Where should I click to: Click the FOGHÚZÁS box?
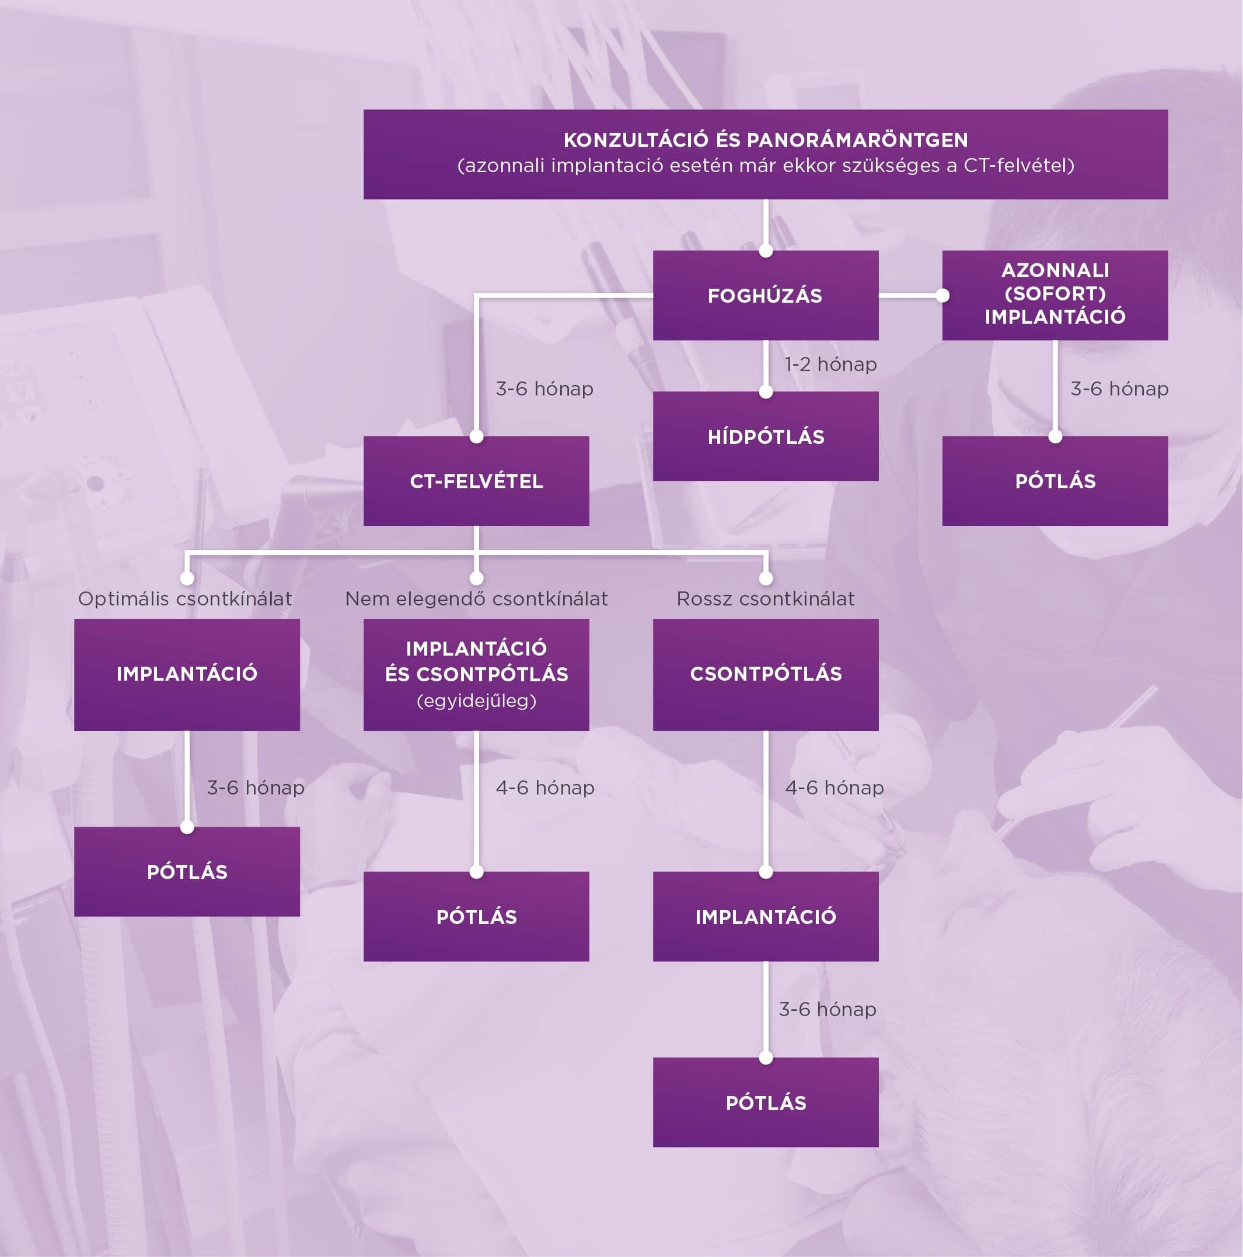(765, 295)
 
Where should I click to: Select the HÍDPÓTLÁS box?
(765, 436)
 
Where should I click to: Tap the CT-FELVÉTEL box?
(476, 481)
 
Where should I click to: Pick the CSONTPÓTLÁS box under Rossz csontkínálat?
(765, 674)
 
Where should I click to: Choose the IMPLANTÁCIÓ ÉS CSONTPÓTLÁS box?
(476, 674)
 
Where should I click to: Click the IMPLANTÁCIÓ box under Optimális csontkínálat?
(187, 674)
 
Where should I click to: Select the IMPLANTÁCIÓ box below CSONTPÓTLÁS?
(765, 917)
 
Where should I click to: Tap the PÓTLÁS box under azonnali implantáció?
(1055, 481)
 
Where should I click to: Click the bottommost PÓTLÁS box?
(765, 1103)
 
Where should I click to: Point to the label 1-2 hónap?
(830, 365)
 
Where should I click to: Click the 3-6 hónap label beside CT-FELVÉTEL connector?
(544, 389)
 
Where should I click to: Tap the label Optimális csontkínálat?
(185, 598)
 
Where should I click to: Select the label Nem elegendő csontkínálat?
(476, 598)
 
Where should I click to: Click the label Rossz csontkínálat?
(765, 598)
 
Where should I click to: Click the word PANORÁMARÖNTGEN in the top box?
(857, 140)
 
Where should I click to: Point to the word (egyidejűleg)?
(476, 701)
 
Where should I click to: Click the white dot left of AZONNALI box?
(942, 295)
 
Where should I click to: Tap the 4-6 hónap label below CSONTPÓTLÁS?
(835, 788)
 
